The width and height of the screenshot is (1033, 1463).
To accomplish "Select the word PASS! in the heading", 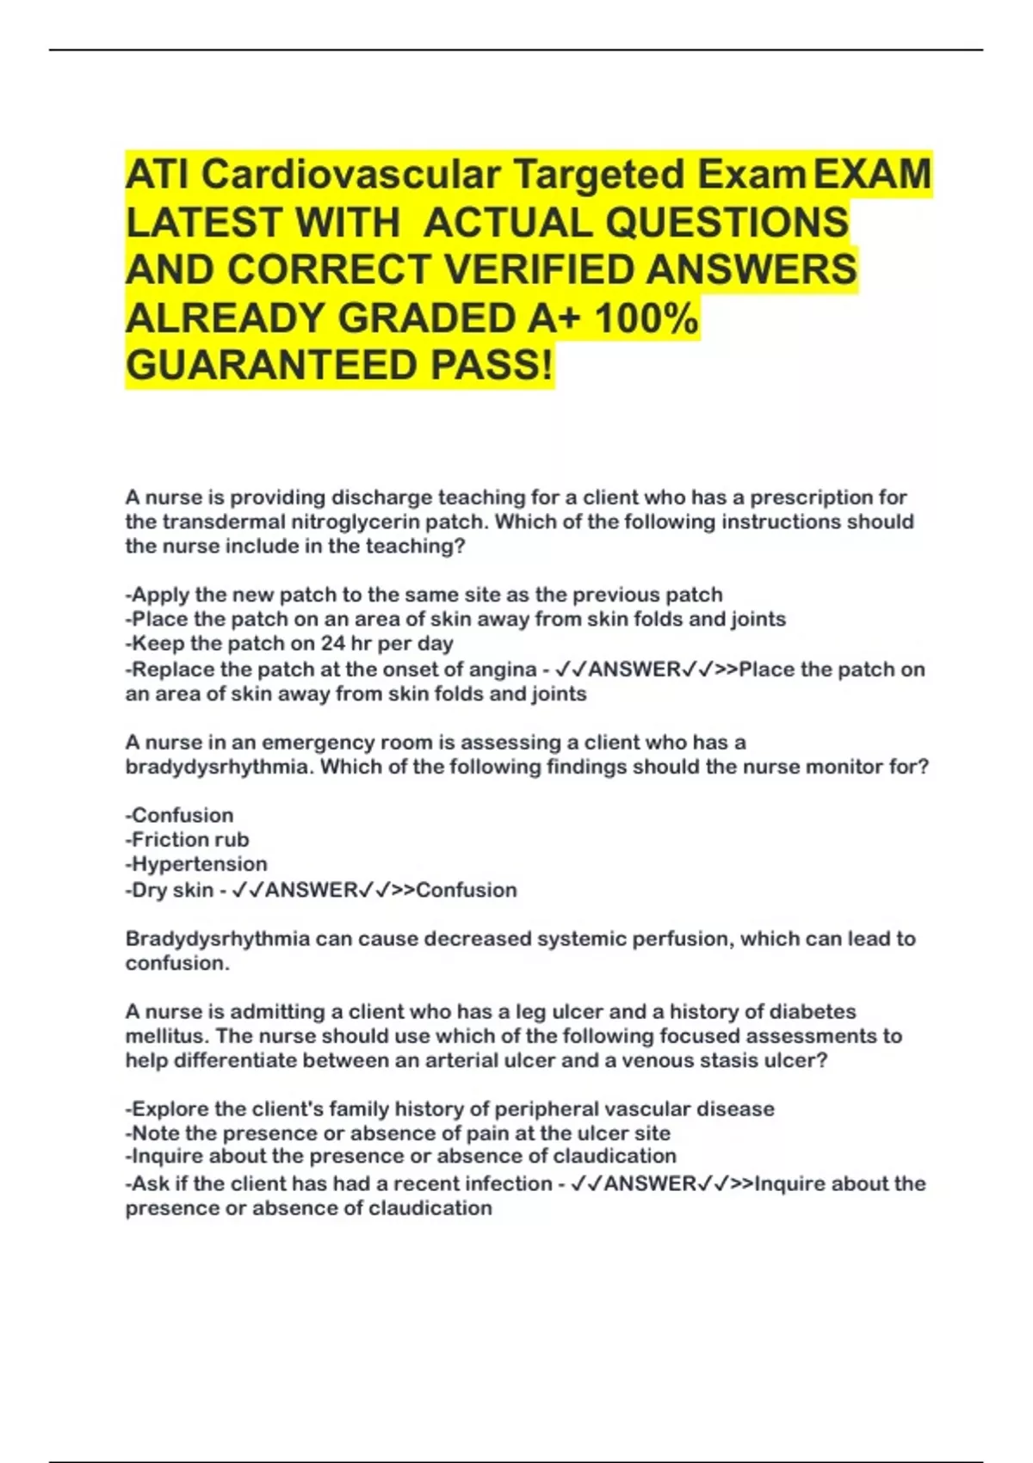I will [x=492, y=366].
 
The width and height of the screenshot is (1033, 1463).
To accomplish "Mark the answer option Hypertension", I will [x=199, y=863].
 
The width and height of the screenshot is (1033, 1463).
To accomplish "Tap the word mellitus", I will [x=167, y=1035].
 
